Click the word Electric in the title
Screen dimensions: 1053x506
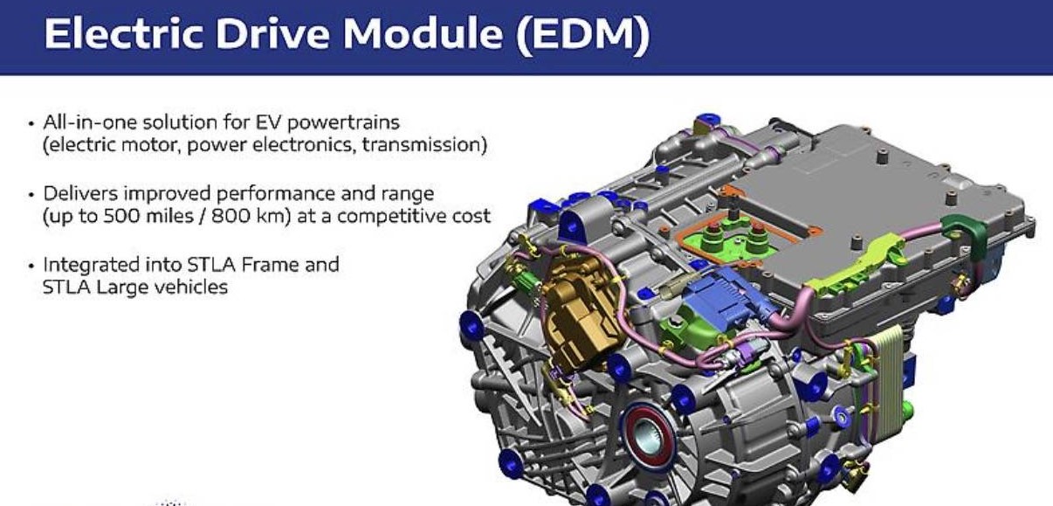click(x=124, y=33)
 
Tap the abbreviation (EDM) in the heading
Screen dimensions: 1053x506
click(x=583, y=34)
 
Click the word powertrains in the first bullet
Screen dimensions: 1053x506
click(x=343, y=123)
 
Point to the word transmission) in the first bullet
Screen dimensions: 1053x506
click(x=425, y=145)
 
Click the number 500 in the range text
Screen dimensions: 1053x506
click(x=121, y=217)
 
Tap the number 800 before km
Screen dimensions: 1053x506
click(x=229, y=217)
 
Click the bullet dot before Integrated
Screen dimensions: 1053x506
click(x=31, y=266)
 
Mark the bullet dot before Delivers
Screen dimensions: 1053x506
click(x=31, y=195)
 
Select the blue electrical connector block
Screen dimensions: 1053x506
click(x=719, y=295)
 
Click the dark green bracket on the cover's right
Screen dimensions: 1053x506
click(x=964, y=238)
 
